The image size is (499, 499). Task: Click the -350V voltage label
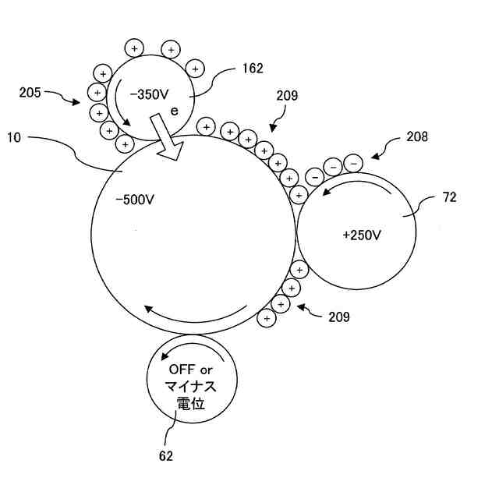(148, 94)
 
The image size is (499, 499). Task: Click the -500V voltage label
(134, 200)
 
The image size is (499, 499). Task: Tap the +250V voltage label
(361, 234)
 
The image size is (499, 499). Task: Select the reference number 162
(253, 69)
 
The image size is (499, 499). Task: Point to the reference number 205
(30, 93)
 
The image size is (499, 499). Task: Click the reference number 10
(13, 137)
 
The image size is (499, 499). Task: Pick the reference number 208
(417, 137)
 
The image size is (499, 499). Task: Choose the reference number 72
(450, 197)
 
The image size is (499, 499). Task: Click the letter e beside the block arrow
(175, 111)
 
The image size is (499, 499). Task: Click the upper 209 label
(287, 97)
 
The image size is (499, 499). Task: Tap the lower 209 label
(338, 317)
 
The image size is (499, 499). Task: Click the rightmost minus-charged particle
(353, 162)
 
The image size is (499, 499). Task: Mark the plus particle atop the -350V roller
(134, 46)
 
